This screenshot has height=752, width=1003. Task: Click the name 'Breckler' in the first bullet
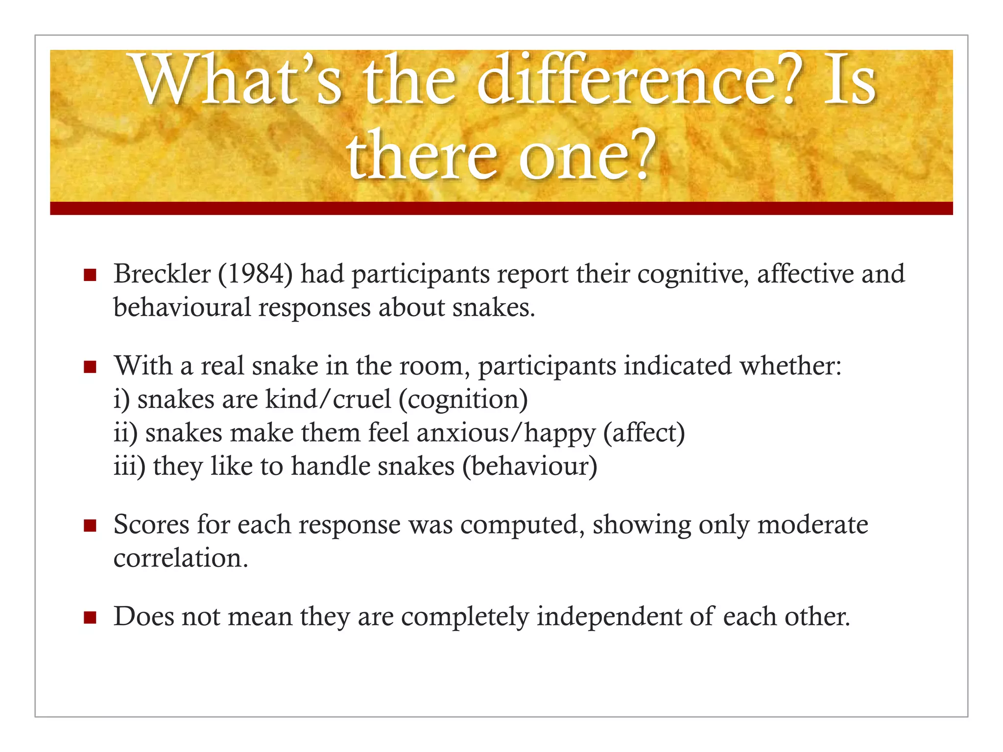tap(162, 274)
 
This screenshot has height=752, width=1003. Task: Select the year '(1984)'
tap(255, 274)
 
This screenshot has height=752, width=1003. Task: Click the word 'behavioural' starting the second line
tap(182, 308)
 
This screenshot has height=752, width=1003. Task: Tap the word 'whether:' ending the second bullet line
tap(790, 366)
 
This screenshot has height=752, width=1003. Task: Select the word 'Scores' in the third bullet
tap(151, 525)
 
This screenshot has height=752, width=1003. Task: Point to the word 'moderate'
tap(812, 525)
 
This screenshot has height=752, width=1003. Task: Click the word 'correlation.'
tap(181, 558)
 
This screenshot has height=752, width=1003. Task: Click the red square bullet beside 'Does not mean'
tap(90, 618)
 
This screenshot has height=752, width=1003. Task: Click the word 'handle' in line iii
tap(331, 467)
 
